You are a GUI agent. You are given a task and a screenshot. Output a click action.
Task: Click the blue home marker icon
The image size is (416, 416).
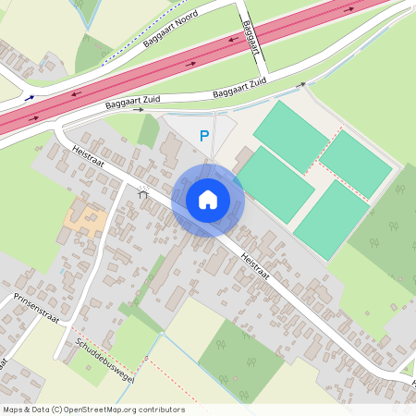click(207, 200)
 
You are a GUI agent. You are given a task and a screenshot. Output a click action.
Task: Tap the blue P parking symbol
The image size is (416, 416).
click(204, 137)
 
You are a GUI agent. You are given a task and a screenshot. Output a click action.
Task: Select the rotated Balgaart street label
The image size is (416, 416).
click(247, 33)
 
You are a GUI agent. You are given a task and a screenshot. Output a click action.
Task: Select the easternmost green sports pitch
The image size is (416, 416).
click(355, 163)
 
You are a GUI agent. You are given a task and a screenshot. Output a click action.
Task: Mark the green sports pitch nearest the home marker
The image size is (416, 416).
click(275, 183)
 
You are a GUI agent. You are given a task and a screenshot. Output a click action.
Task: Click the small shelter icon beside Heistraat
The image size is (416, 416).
click(143, 194)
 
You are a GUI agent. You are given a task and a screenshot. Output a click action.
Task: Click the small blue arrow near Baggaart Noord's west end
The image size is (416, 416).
click(31, 97)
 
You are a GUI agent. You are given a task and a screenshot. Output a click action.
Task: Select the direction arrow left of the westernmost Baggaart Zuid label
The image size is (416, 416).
click(140, 109)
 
